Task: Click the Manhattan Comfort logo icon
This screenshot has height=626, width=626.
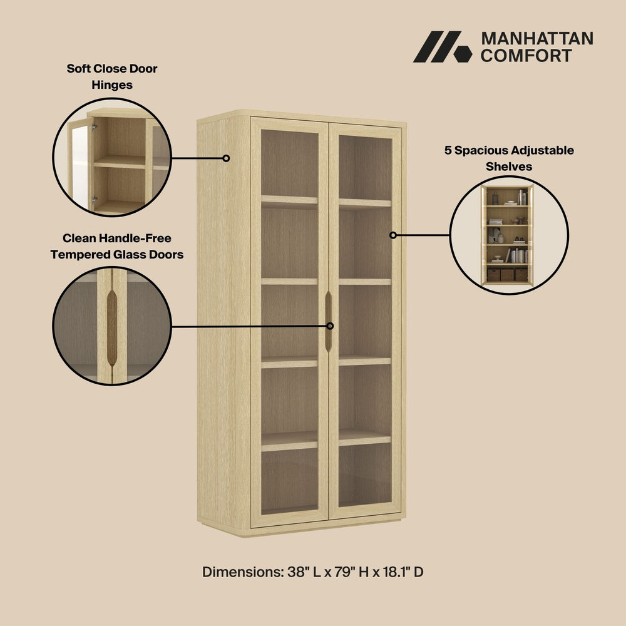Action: (443, 47)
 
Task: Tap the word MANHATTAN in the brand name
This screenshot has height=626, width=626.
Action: (537, 39)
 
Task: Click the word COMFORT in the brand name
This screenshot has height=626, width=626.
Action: (526, 56)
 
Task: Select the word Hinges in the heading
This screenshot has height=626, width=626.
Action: (112, 85)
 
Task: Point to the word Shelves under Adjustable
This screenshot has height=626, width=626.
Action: (508, 167)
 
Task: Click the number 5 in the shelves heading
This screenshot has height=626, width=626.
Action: (448, 150)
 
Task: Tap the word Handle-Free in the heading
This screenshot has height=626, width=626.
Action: (135, 239)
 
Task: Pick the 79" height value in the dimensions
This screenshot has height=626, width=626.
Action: (345, 572)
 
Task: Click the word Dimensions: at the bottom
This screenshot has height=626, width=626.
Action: (243, 572)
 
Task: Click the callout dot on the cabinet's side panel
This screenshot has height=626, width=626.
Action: (226, 158)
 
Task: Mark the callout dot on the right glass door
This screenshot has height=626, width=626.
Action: (393, 235)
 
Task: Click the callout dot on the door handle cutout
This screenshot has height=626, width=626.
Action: (330, 326)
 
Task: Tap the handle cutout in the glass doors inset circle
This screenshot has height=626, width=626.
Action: (112, 328)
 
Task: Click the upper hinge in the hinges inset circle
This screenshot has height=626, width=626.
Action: (95, 128)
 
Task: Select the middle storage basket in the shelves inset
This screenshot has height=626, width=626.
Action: (507, 275)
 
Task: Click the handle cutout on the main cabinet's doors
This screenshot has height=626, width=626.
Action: (329, 321)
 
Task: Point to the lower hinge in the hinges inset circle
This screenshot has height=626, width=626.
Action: (95, 199)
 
